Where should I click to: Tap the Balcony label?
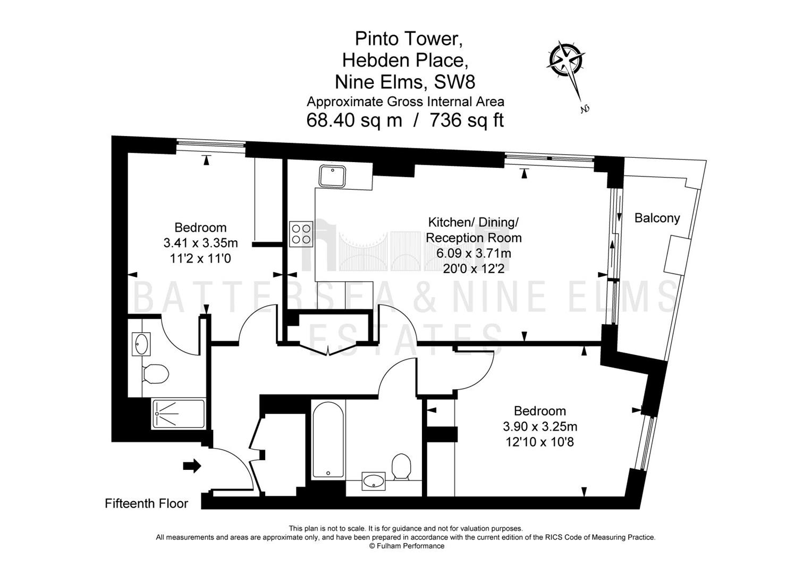coord(657,218)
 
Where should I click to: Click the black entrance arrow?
coord(192,466)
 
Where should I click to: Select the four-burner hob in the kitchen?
coord(301,234)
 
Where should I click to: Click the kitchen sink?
coord(333,176)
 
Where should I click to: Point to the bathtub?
coord(328,440)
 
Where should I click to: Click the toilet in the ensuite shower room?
coord(156,374)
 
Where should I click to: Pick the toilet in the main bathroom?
coord(401,466)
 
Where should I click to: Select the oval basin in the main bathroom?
coord(374,482)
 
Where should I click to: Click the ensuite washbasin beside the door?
coord(141,344)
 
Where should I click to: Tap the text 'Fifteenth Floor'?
coord(147,503)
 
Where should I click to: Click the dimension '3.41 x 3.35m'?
coord(200,242)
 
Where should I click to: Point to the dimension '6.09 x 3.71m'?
coord(473,253)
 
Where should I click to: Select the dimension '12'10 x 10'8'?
coord(540,442)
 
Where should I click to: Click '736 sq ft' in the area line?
coord(467,121)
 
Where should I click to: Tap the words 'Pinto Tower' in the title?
coord(409,38)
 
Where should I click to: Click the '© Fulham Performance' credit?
coord(407,546)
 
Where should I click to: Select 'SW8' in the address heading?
coord(454,82)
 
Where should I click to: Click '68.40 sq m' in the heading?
coord(354,121)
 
